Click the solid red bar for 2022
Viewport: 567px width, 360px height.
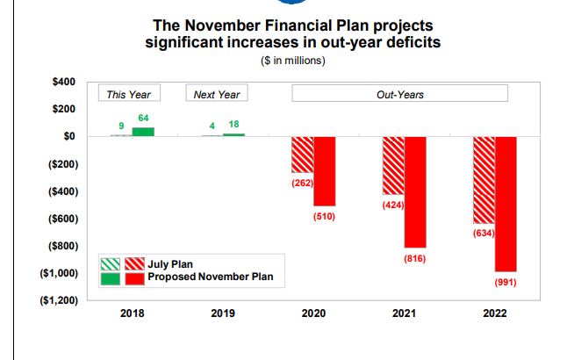tap(506, 204)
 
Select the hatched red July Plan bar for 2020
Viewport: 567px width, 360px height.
tap(302, 155)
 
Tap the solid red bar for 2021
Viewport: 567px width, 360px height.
tap(414, 191)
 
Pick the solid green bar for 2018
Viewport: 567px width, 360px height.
tap(143, 132)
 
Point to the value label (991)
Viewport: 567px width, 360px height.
tap(506, 283)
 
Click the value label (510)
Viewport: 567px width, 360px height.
tap(324, 216)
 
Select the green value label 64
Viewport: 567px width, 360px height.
tap(143, 119)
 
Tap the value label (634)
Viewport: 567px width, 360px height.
tap(484, 234)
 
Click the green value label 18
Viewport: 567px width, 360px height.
tap(233, 125)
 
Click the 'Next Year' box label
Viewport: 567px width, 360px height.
tap(217, 94)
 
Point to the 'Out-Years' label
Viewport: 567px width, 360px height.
tap(399, 94)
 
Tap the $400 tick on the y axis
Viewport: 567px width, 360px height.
tap(64, 82)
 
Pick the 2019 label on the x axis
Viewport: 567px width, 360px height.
tap(223, 313)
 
